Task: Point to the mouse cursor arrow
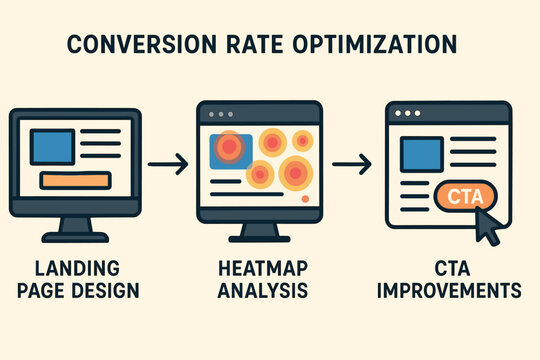click(x=489, y=227)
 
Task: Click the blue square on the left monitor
click(x=52, y=146)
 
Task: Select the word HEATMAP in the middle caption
click(x=262, y=269)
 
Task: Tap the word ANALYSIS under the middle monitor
click(x=262, y=292)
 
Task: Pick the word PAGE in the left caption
click(x=51, y=292)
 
